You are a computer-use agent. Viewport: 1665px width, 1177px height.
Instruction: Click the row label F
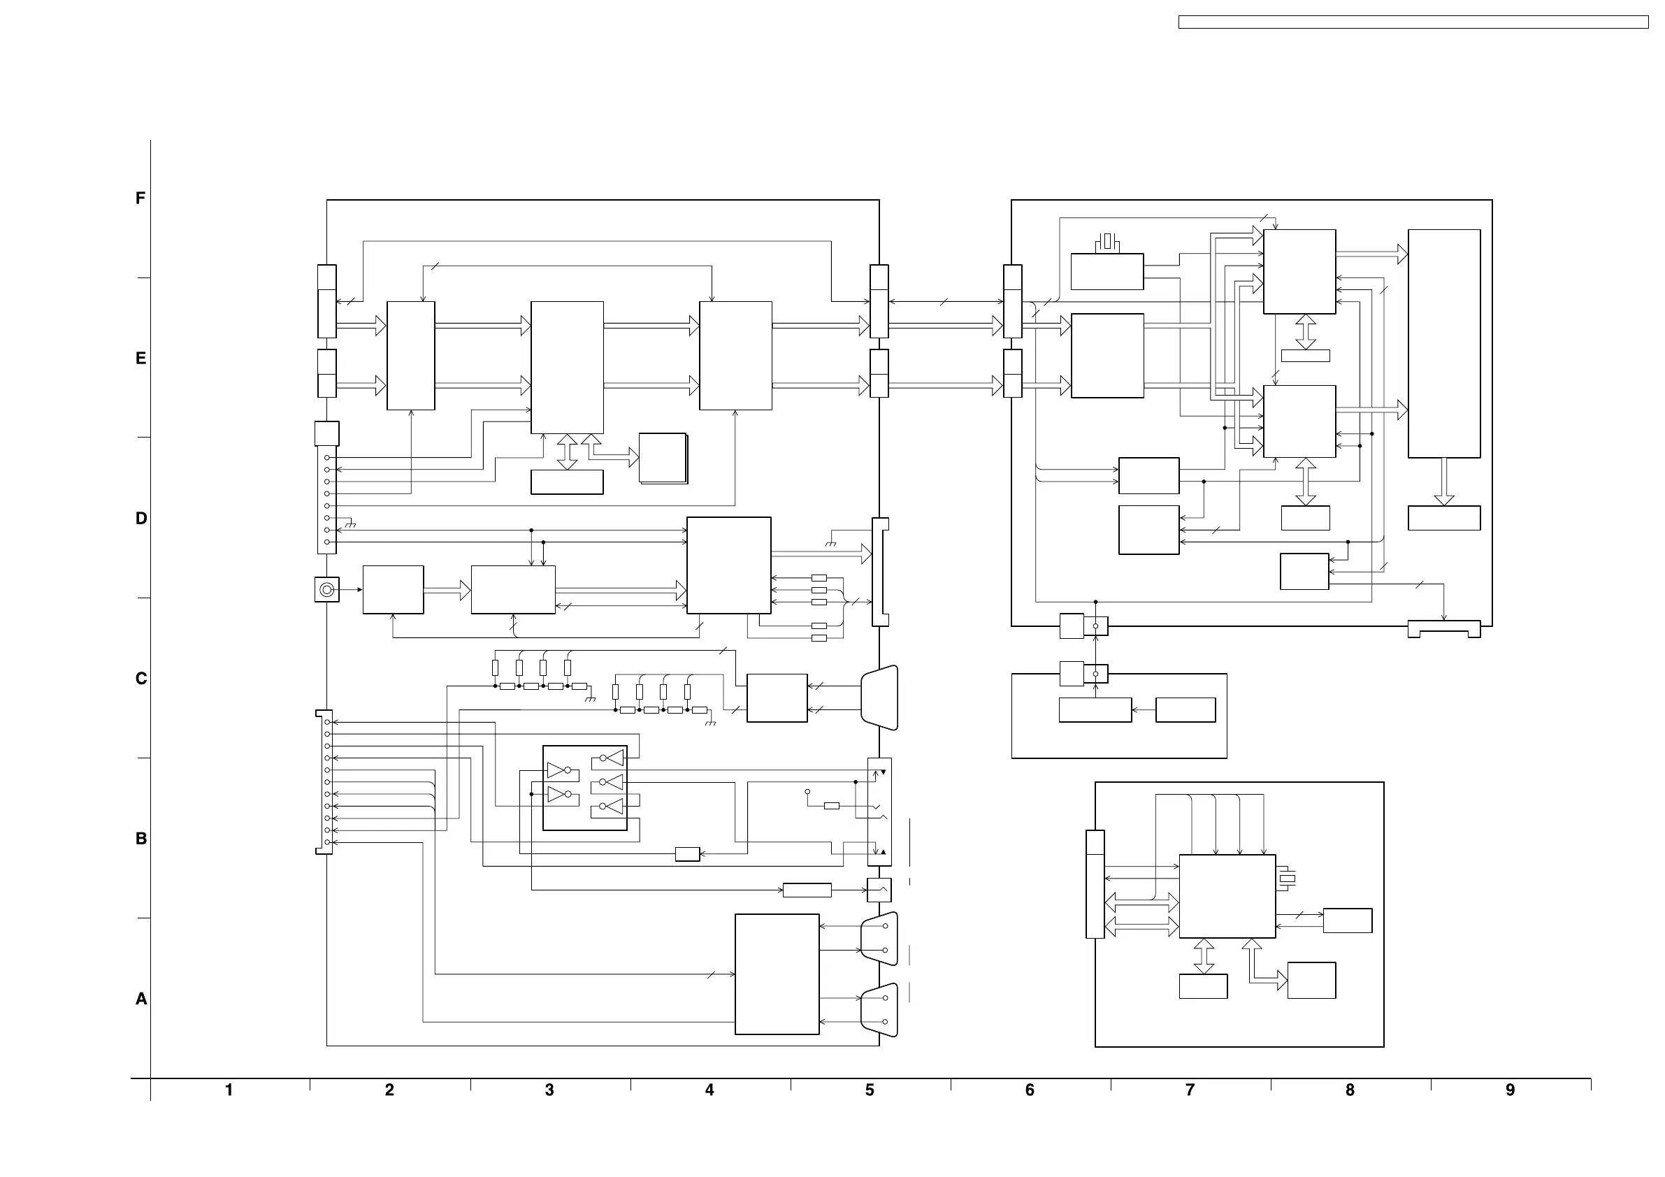(x=140, y=198)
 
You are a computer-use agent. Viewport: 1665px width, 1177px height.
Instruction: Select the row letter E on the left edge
(x=140, y=359)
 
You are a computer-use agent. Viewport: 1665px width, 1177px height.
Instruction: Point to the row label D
(x=140, y=519)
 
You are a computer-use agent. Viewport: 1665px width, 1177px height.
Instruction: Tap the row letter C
(x=140, y=679)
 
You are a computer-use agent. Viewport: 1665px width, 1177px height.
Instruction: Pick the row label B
(x=140, y=839)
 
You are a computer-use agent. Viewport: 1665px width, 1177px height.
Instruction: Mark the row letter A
(x=140, y=999)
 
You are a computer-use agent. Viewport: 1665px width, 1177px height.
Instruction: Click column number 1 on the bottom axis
(x=229, y=1090)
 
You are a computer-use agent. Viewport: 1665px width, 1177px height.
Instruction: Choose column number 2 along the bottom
(x=389, y=1090)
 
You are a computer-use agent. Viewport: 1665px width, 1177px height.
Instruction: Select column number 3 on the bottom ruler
(x=549, y=1090)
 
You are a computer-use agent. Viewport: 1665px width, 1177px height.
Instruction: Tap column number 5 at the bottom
(x=870, y=1090)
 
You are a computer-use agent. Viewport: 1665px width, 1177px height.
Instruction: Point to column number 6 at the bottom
(x=1030, y=1090)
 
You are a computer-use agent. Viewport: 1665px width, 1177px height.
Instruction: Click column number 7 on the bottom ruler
(x=1190, y=1090)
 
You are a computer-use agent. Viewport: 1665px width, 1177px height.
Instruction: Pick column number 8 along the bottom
(x=1350, y=1090)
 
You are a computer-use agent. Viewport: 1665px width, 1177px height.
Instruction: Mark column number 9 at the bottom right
(x=1510, y=1090)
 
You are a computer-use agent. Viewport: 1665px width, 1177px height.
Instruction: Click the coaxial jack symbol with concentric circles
(x=327, y=590)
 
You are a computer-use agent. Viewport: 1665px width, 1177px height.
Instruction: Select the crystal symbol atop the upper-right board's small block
(x=1107, y=242)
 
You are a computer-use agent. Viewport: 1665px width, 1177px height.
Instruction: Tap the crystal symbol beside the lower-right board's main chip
(x=1286, y=879)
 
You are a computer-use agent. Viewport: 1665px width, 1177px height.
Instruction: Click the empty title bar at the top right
(x=1413, y=22)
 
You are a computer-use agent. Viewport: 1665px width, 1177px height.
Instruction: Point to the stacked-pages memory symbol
(x=663, y=458)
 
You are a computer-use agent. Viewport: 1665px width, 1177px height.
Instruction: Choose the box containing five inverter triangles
(x=585, y=788)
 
